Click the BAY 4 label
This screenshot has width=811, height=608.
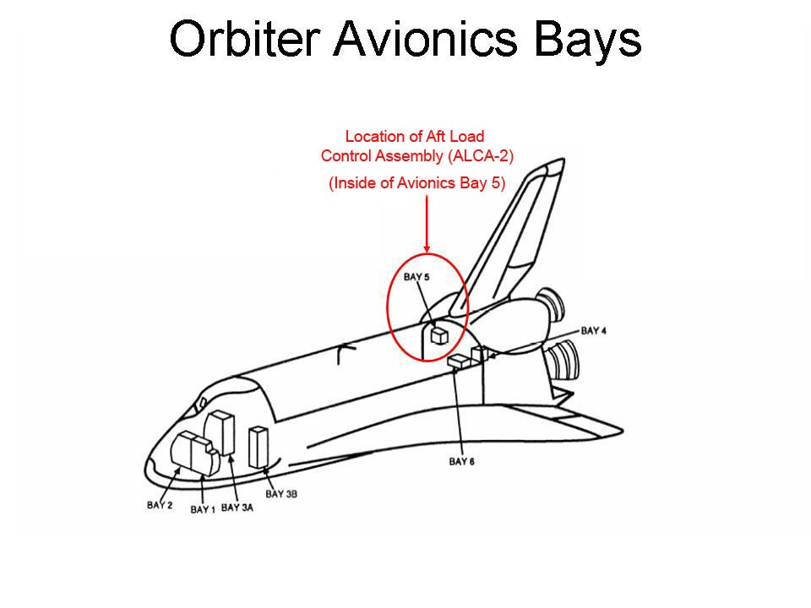point(592,330)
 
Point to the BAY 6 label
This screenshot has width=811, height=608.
point(461,461)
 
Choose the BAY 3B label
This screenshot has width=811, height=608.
point(281,494)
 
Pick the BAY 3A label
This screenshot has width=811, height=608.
point(237,508)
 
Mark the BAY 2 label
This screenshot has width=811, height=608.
point(160,505)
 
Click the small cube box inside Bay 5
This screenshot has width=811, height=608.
point(438,335)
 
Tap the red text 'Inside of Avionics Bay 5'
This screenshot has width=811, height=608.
point(417,182)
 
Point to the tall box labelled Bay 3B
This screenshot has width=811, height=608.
point(258,447)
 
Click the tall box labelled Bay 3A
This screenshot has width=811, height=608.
point(223,432)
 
